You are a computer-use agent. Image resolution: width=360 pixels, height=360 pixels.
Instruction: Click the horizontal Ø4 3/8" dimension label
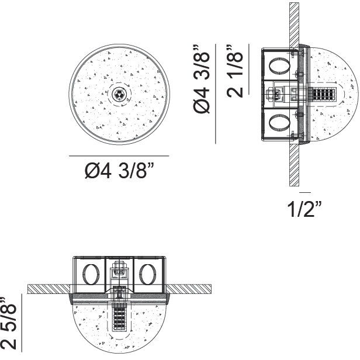click(119, 171)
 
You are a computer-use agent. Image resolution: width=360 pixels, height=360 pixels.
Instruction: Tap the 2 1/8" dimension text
click(235, 71)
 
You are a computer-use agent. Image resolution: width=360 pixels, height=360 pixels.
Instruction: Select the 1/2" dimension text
click(304, 209)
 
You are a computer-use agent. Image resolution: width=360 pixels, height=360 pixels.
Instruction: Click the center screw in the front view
click(119, 95)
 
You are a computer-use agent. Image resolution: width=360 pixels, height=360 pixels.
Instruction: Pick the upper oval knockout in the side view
click(279, 66)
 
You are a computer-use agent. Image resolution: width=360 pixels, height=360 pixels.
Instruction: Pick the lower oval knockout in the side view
click(279, 123)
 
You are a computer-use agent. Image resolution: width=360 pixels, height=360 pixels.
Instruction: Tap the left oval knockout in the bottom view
click(91, 274)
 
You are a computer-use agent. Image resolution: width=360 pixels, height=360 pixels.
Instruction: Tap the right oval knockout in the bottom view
click(147, 274)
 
